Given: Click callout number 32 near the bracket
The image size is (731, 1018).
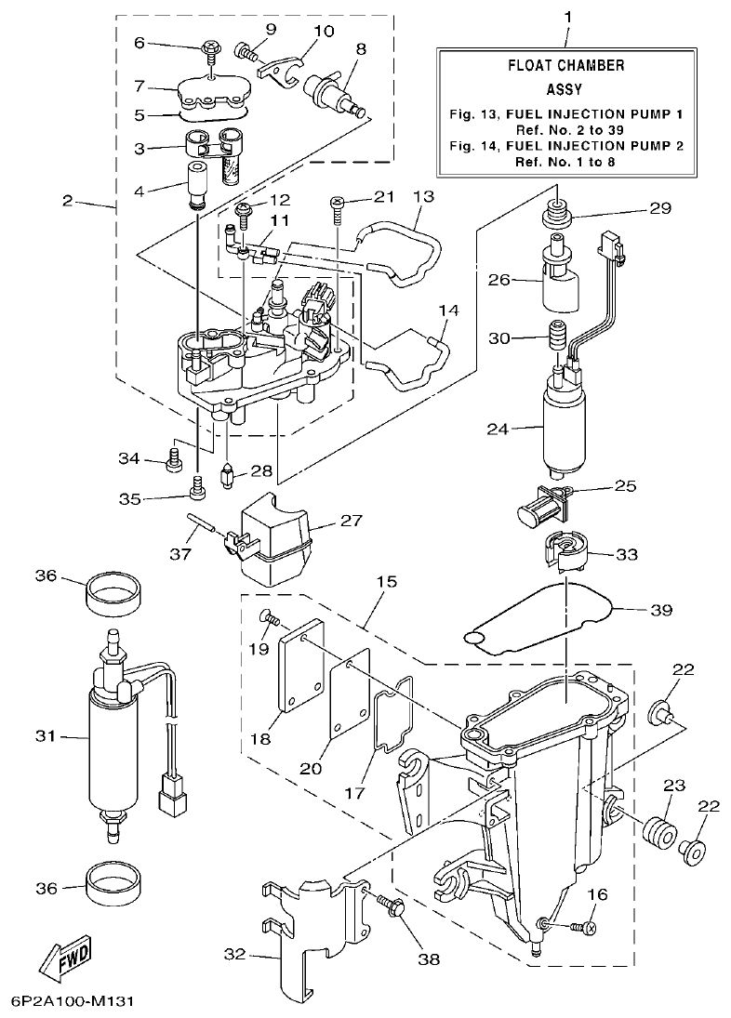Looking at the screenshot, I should [x=236, y=954].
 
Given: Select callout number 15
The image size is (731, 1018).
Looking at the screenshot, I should [x=386, y=582].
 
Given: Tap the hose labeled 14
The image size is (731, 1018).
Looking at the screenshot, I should [x=409, y=363].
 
